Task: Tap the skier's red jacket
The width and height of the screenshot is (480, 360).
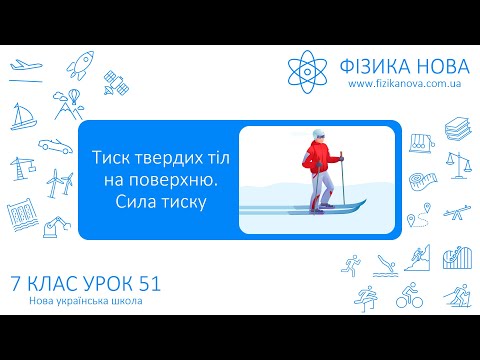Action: point(320,158)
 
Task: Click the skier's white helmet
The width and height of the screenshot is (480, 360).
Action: point(319,135)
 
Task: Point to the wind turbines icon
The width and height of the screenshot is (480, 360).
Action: point(57,184)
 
